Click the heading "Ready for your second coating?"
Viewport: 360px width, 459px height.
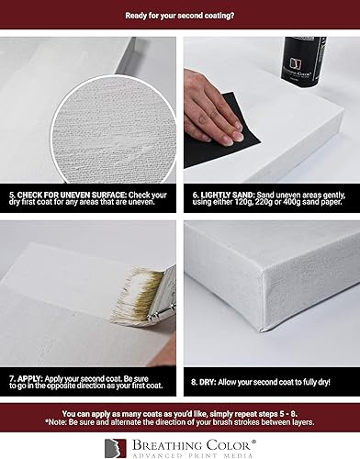pos(180,15)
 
